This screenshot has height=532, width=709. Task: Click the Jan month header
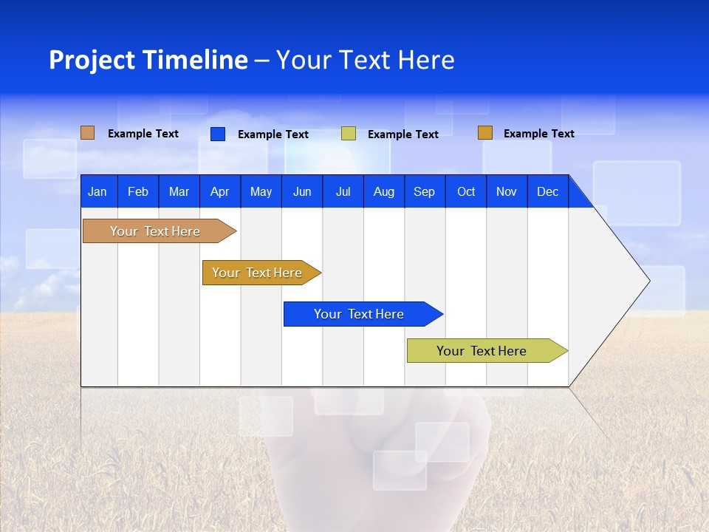pos(98,191)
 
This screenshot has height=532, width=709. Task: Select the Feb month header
pos(138,191)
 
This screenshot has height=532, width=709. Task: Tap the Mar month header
pos(179,191)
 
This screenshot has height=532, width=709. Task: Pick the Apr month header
pos(220,191)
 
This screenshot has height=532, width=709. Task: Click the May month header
pos(261,191)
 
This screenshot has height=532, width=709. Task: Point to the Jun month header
pos(302,191)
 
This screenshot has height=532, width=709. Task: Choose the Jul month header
pos(343,191)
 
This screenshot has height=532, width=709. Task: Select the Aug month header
pos(384,191)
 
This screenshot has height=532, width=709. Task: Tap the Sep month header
pos(425,191)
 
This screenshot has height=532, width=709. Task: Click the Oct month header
pos(466,191)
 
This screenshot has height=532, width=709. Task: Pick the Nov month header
pos(507,191)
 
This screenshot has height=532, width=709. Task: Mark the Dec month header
pos(548,191)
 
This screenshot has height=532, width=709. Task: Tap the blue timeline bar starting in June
pos(360,314)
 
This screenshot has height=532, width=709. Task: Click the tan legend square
pos(88,133)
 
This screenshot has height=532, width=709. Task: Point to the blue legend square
pos(218,134)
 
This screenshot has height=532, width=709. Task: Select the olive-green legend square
pos(349,134)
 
